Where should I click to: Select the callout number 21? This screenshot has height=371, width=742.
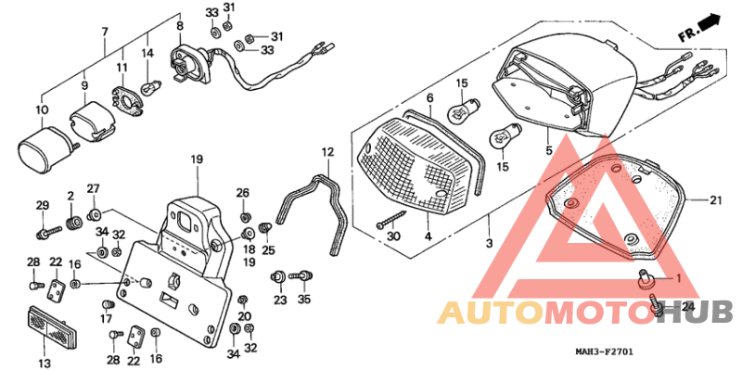click(715, 200)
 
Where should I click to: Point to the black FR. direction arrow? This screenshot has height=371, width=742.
click(710, 21)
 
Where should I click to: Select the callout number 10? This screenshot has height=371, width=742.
click(41, 110)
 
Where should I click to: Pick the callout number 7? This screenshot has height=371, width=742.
click(105, 32)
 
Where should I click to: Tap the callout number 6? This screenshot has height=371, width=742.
click(429, 97)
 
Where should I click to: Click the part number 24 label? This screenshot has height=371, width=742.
click(688, 306)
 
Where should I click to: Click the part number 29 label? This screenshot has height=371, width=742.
click(41, 205)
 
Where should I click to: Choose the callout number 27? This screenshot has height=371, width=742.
click(93, 188)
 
